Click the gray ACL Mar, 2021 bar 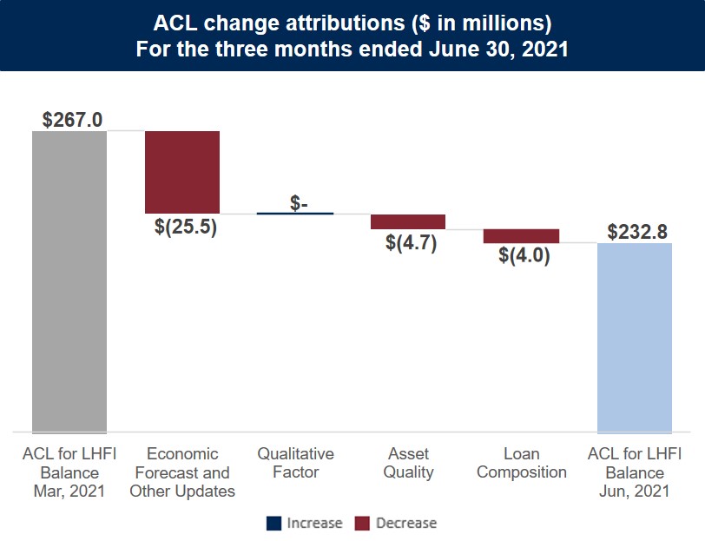69,280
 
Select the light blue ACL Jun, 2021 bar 635,337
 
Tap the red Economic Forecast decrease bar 182,172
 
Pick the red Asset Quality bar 408,221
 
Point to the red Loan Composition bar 521,236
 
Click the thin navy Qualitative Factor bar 295,213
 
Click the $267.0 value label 73,119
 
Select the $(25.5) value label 185,229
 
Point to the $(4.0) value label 524,257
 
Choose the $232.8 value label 637,232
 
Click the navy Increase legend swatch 273,523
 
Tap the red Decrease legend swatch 362,523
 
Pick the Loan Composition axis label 522,463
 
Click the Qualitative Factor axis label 295,463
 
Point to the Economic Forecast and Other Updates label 182,472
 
